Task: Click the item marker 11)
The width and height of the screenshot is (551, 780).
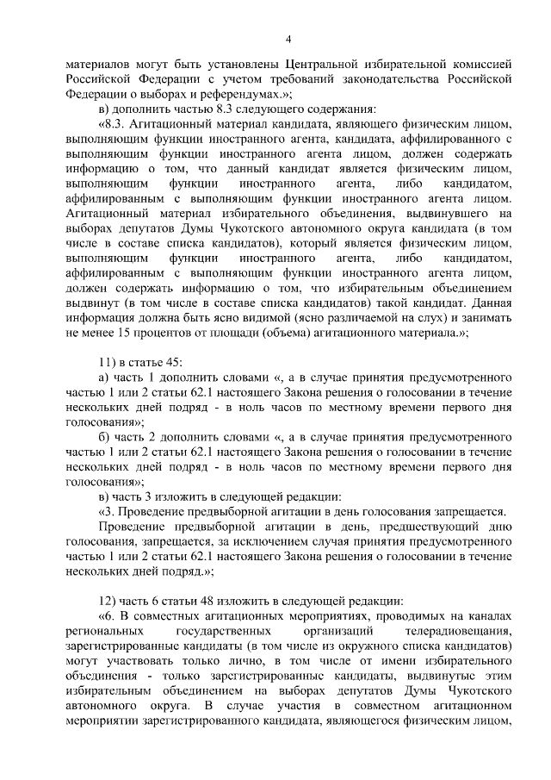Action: tap(110, 365)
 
